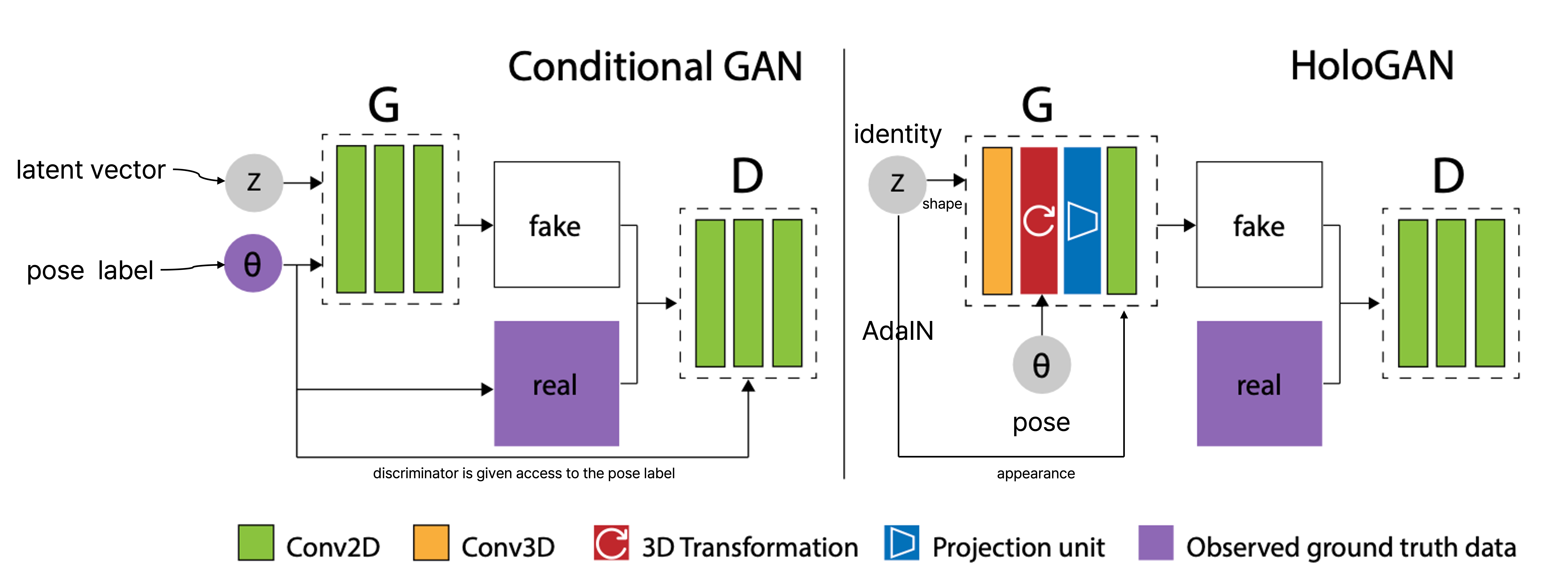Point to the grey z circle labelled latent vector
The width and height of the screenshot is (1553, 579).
(254, 182)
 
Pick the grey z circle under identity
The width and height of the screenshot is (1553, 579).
(897, 184)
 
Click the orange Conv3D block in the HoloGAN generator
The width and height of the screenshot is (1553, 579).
(997, 221)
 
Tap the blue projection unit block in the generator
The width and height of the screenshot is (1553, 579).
(1082, 221)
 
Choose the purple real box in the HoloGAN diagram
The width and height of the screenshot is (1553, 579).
(1259, 384)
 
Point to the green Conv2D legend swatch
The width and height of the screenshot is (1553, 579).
(256, 543)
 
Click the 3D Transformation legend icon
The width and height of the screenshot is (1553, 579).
(611, 543)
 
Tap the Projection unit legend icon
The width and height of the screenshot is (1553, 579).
(901, 543)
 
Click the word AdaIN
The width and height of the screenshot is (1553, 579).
(898, 331)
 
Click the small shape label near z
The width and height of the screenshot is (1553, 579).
(942, 204)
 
